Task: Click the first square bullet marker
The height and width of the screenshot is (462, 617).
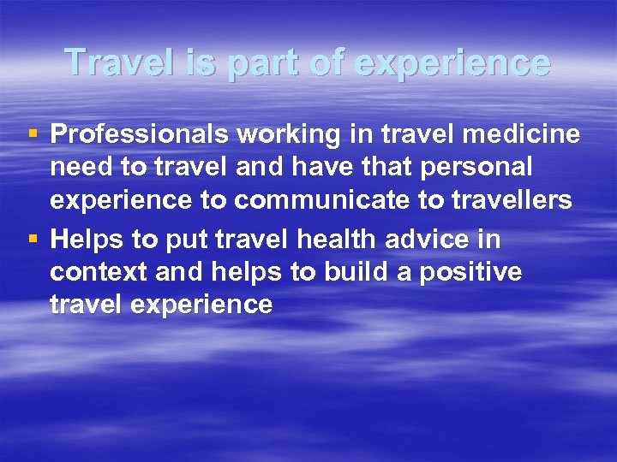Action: click(x=33, y=134)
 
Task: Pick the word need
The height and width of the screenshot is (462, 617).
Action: click(x=76, y=166)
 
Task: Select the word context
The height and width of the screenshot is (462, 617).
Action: click(x=92, y=272)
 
